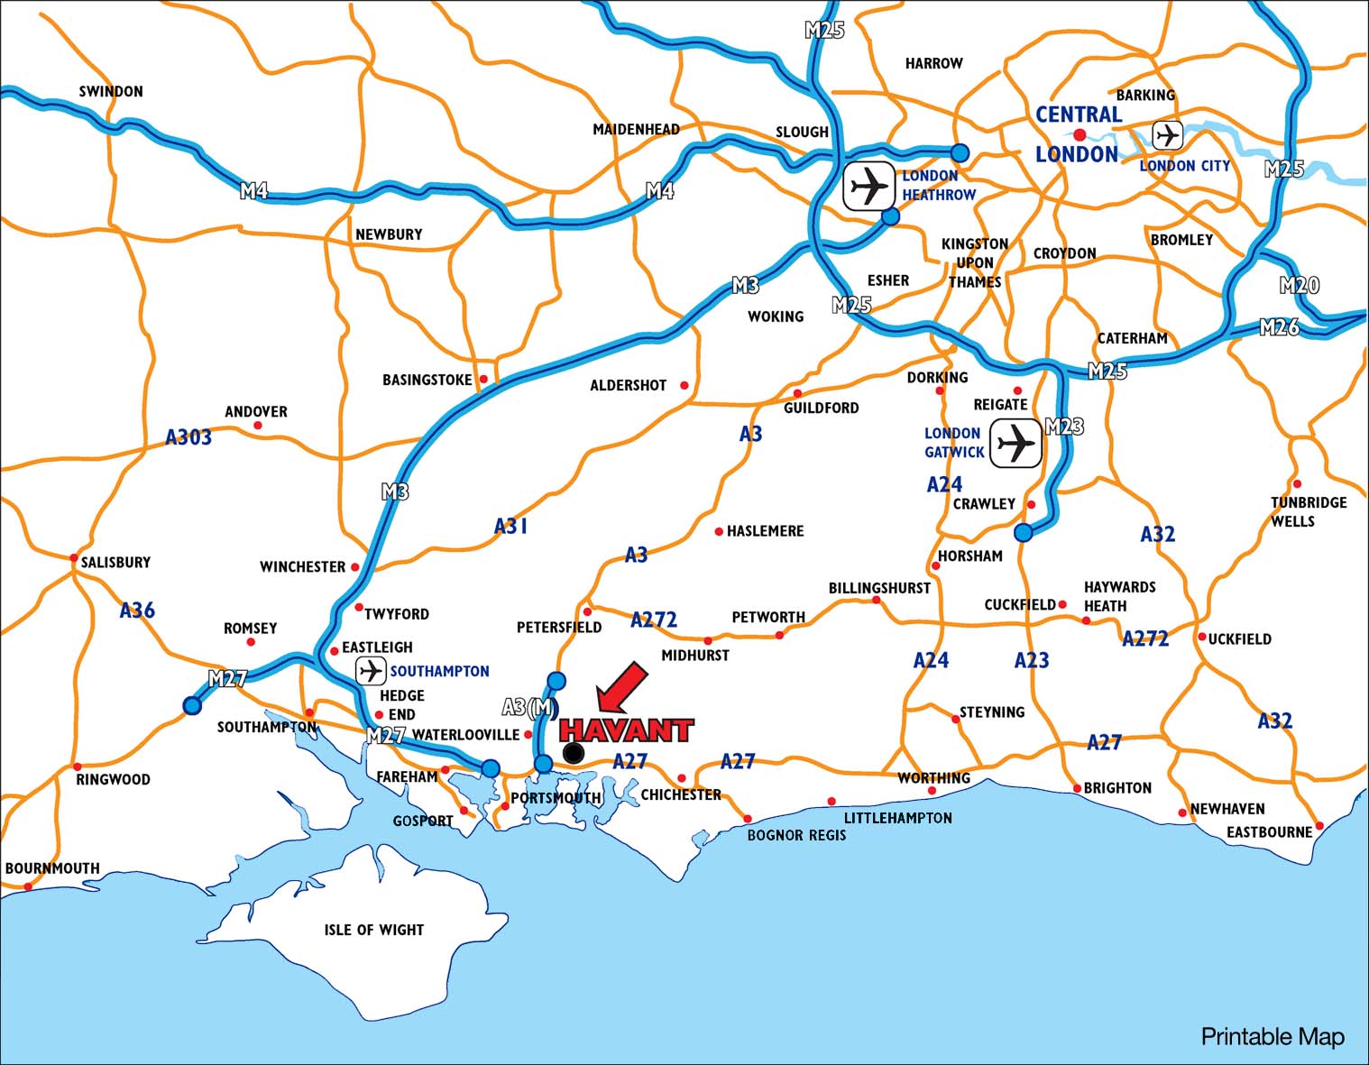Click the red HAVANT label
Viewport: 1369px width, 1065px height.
[x=626, y=730]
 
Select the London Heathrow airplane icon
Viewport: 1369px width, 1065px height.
[x=869, y=187]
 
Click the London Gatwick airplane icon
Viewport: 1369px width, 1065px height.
[x=1015, y=444]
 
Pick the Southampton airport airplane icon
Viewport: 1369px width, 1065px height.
[x=371, y=671]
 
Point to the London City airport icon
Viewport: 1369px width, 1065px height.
[x=1168, y=135]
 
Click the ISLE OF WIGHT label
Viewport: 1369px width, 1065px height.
[x=373, y=930]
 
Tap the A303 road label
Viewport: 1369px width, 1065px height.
[x=188, y=437]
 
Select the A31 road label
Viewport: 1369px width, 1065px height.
[x=510, y=526]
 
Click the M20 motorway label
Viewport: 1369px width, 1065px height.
[x=1299, y=286]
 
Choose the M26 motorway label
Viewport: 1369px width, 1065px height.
[x=1279, y=327]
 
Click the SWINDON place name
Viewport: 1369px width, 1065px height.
[x=111, y=91]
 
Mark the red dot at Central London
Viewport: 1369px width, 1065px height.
[x=1080, y=134]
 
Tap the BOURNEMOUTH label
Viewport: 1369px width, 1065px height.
[x=52, y=868]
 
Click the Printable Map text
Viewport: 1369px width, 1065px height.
[x=1272, y=1037]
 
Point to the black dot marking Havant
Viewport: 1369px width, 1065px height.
[x=573, y=753]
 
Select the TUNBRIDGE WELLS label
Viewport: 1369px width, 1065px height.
[x=1308, y=511]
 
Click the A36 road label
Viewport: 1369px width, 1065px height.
[x=137, y=611]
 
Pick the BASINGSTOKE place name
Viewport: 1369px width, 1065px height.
[x=427, y=380]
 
